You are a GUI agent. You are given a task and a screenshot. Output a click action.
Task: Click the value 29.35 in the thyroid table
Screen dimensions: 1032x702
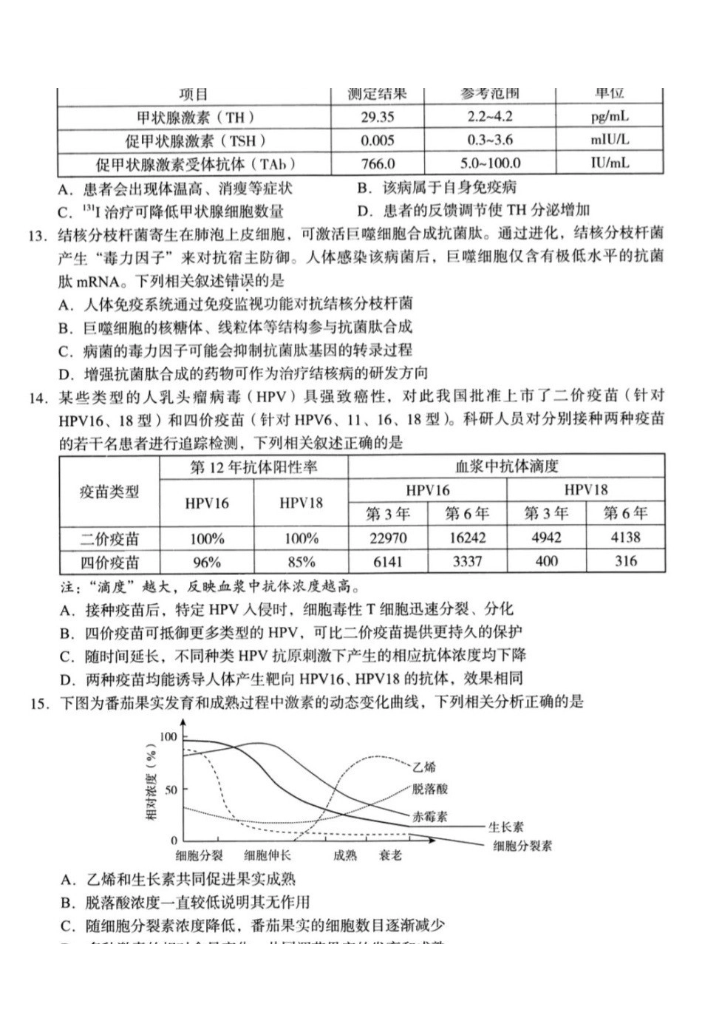[x=378, y=117]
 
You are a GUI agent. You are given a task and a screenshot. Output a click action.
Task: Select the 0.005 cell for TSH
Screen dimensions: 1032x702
[x=378, y=140]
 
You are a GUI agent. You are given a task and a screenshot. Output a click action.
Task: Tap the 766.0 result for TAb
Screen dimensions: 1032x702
[x=378, y=164]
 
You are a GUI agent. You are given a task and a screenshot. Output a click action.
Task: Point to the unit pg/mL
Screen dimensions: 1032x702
[x=610, y=117]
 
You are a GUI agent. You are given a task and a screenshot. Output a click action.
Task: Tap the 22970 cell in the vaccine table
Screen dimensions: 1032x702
[x=388, y=538]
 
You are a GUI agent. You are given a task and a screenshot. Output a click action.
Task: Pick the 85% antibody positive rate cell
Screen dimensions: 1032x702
[x=301, y=562]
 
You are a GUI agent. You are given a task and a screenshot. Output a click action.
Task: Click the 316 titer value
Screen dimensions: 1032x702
[x=625, y=561]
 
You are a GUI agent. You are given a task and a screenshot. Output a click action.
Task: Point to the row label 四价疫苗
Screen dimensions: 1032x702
[x=109, y=562]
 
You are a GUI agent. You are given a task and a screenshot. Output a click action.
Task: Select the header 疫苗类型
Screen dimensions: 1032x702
[x=109, y=492]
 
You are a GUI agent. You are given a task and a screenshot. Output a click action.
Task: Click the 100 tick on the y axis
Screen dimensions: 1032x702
[x=168, y=736]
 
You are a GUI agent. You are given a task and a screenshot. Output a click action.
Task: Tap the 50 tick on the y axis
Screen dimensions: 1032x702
[x=171, y=790]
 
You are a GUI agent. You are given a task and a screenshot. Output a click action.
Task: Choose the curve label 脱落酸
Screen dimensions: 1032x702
[x=431, y=789]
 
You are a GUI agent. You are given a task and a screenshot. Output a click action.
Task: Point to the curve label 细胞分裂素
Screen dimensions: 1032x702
[x=522, y=846]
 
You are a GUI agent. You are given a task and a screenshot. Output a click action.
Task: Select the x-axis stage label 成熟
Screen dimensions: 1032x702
[x=344, y=855]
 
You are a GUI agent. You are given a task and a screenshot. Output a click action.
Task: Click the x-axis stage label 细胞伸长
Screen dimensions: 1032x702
[x=267, y=855]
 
